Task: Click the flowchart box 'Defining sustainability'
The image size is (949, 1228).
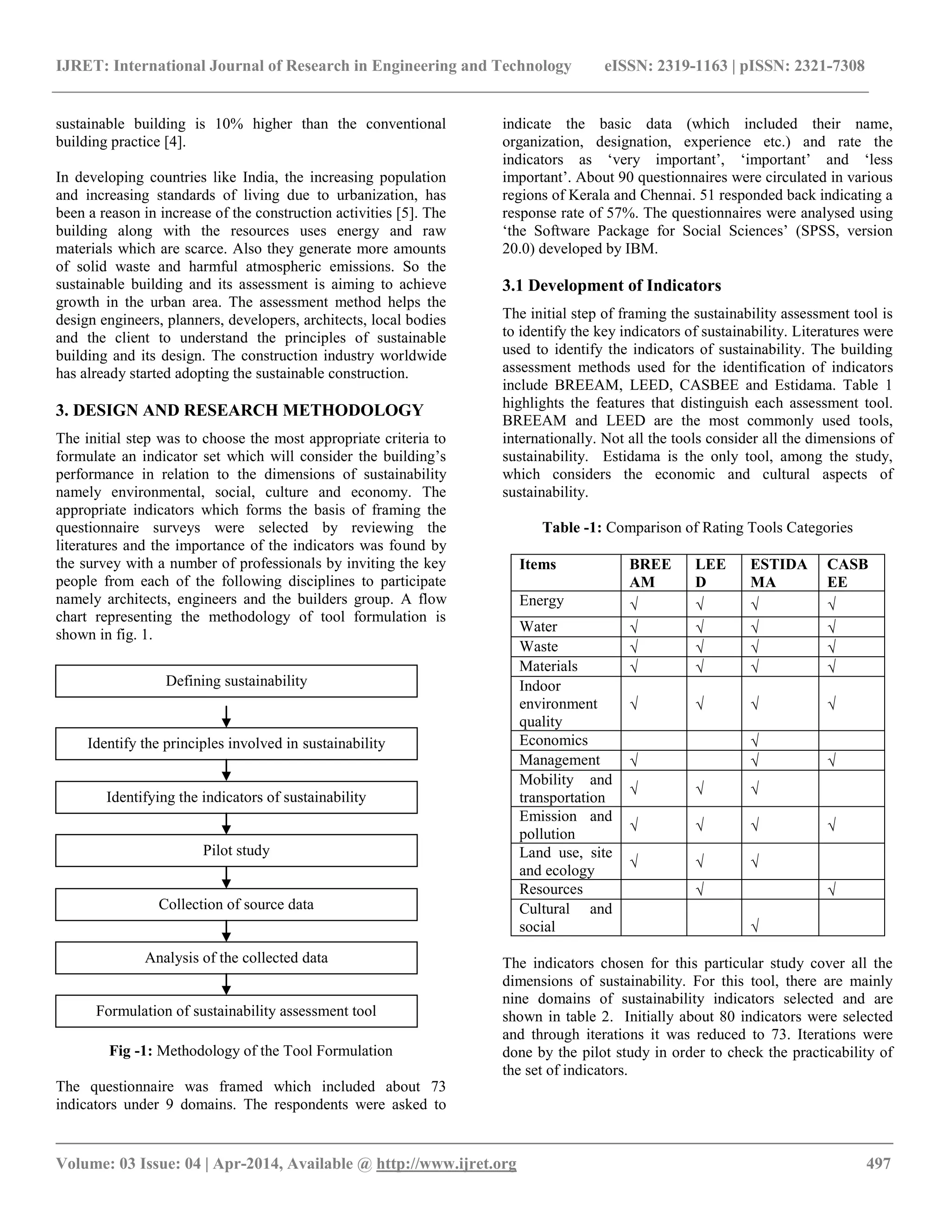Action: (x=236, y=681)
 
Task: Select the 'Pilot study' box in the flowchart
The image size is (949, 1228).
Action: (x=236, y=850)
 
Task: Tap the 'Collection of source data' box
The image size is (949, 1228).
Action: (x=236, y=904)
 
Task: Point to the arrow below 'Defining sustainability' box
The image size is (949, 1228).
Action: (x=226, y=716)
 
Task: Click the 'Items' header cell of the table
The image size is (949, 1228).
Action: (x=538, y=564)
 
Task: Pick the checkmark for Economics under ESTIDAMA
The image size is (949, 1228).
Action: (x=755, y=741)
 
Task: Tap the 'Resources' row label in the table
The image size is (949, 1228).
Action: (x=551, y=889)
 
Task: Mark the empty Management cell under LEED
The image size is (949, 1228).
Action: (x=714, y=760)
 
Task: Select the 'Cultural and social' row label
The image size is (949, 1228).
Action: (x=565, y=918)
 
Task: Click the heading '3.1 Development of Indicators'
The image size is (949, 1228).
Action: (x=612, y=285)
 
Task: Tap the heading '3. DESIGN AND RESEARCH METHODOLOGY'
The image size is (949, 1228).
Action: (x=240, y=411)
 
